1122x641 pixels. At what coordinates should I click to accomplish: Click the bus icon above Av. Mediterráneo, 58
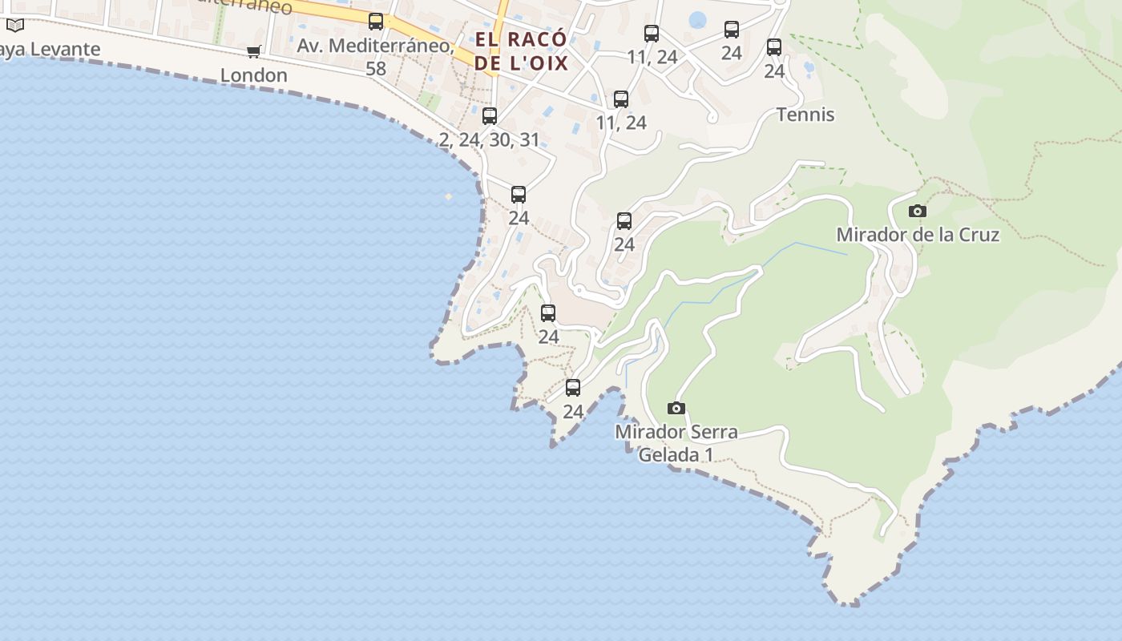click(x=376, y=22)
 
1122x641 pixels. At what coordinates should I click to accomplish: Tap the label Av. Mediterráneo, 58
click(x=376, y=56)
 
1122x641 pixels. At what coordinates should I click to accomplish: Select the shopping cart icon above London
click(x=254, y=52)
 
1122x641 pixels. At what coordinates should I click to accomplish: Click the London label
click(x=254, y=75)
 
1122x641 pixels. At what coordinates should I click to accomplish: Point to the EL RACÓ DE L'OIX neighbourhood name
click(x=521, y=51)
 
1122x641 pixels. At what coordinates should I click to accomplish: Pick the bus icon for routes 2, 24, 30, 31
click(x=490, y=116)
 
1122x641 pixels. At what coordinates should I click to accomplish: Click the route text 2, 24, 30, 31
click(x=490, y=139)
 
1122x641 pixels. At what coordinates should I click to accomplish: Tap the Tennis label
click(x=805, y=115)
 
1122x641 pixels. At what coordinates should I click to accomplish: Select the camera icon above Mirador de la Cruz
click(x=918, y=212)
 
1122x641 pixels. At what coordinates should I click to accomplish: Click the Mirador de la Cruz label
click(x=918, y=235)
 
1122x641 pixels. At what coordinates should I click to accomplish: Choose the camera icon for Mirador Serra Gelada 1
click(x=676, y=409)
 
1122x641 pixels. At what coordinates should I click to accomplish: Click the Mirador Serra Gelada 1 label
click(x=676, y=443)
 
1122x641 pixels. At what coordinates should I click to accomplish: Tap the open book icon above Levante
click(x=15, y=26)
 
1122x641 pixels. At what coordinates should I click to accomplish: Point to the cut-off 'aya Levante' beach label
click(x=50, y=49)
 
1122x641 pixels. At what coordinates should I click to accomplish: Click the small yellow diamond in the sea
click(x=449, y=196)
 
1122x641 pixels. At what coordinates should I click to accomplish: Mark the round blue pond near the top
click(x=698, y=19)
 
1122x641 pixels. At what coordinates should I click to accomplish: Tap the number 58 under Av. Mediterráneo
click(x=376, y=68)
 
